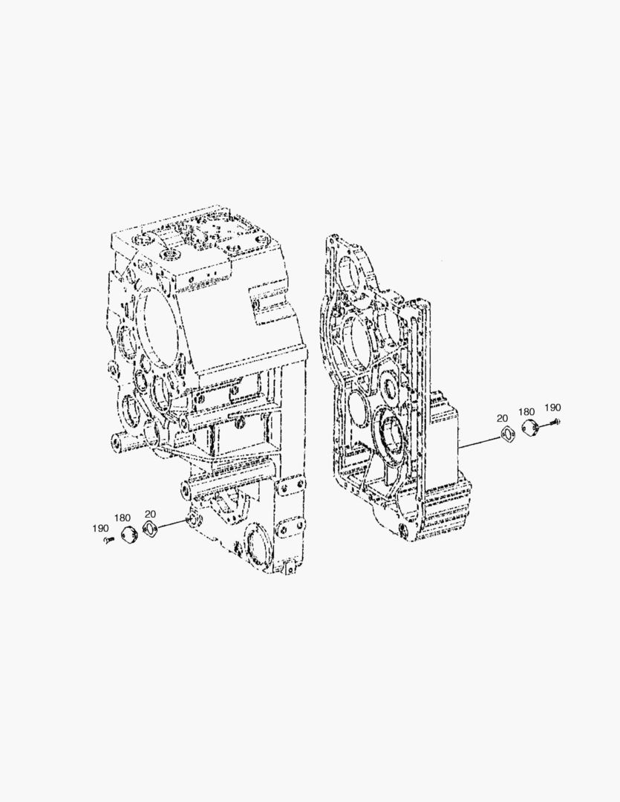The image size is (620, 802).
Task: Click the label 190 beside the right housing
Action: (552, 407)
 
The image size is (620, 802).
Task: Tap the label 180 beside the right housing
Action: (526, 411)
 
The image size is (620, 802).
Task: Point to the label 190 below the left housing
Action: (100, 528)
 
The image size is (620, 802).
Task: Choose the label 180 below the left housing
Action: (123, 518)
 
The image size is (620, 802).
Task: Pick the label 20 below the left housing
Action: (151, 514)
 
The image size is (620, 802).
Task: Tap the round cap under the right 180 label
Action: (529, 429)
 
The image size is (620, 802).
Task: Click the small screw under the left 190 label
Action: (108, 539)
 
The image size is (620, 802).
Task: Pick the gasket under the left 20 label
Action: (150, 530)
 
